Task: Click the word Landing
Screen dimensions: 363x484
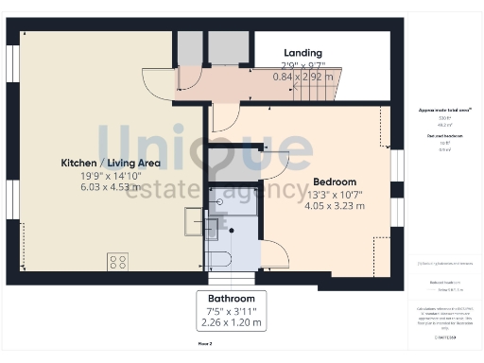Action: click(x=302, y=53)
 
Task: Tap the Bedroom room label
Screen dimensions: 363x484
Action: click(x=334, y=181)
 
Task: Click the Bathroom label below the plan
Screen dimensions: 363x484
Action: click(x=232, y=298)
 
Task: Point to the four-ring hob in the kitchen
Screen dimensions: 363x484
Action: click(x=119, y=261)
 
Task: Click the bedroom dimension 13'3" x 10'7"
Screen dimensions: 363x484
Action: click(x=334, y=195)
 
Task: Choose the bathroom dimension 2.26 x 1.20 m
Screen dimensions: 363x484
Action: click(x=232, y=323)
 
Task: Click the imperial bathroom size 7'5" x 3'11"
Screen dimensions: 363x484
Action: click(x=232, y=311)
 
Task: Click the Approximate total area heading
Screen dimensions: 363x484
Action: click(x=444, y=111)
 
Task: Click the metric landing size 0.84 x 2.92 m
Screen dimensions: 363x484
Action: click(x=302, y=77)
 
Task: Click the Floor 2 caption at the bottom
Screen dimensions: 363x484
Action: click(x=204, y=344)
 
